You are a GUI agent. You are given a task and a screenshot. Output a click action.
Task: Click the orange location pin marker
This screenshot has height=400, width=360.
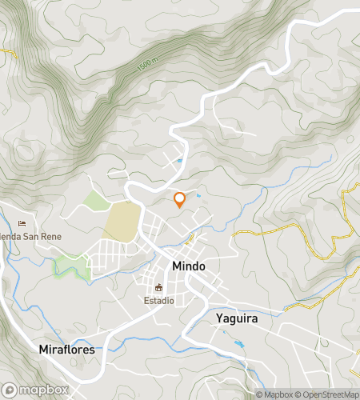[x=179, y=201]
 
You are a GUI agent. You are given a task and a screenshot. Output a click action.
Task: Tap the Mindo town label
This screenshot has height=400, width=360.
[x=189, y=266]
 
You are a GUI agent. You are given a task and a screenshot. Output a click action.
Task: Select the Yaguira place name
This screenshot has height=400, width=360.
[x=236, y=318]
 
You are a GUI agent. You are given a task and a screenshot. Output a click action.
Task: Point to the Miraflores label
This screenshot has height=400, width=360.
[x=67, y=350]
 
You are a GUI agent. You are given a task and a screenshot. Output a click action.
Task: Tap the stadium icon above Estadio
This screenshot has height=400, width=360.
[x=158, y=288]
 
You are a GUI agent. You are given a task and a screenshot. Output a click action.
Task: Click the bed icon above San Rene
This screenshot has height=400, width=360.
[x=22, y=223]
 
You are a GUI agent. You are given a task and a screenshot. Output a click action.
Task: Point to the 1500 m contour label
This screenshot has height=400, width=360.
[x=145, y=68]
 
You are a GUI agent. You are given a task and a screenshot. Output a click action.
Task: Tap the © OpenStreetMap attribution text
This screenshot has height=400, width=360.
[x=328, y=394]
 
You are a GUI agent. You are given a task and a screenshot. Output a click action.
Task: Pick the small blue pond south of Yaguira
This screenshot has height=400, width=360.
[x=239, y=345]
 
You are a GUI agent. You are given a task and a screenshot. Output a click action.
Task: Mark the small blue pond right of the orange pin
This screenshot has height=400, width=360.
[x=198, y=194]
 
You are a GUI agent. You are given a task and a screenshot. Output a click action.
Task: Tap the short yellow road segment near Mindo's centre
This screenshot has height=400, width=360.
[x=190, y=238]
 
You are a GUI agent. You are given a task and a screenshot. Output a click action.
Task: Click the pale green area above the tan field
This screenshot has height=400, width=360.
[x=96, y=199]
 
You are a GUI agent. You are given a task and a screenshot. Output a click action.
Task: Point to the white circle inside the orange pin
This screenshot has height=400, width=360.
[x=179, y=198]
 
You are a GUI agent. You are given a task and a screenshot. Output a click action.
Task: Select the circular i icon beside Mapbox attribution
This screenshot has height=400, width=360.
[x=248, y=394]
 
